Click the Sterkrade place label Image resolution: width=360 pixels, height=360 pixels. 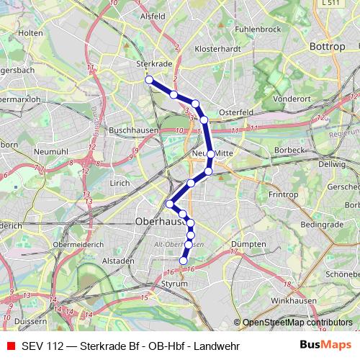click(x=153, y=63)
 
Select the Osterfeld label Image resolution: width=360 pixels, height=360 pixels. click(x=238, y=112)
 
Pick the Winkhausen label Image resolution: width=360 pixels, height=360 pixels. click(x=292, y=299)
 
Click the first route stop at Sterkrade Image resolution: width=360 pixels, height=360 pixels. click(x=149, y=80)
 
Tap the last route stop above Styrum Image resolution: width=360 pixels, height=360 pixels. click(x=184, y=261)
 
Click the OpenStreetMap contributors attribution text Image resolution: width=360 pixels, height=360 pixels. click(x=297, y=323)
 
